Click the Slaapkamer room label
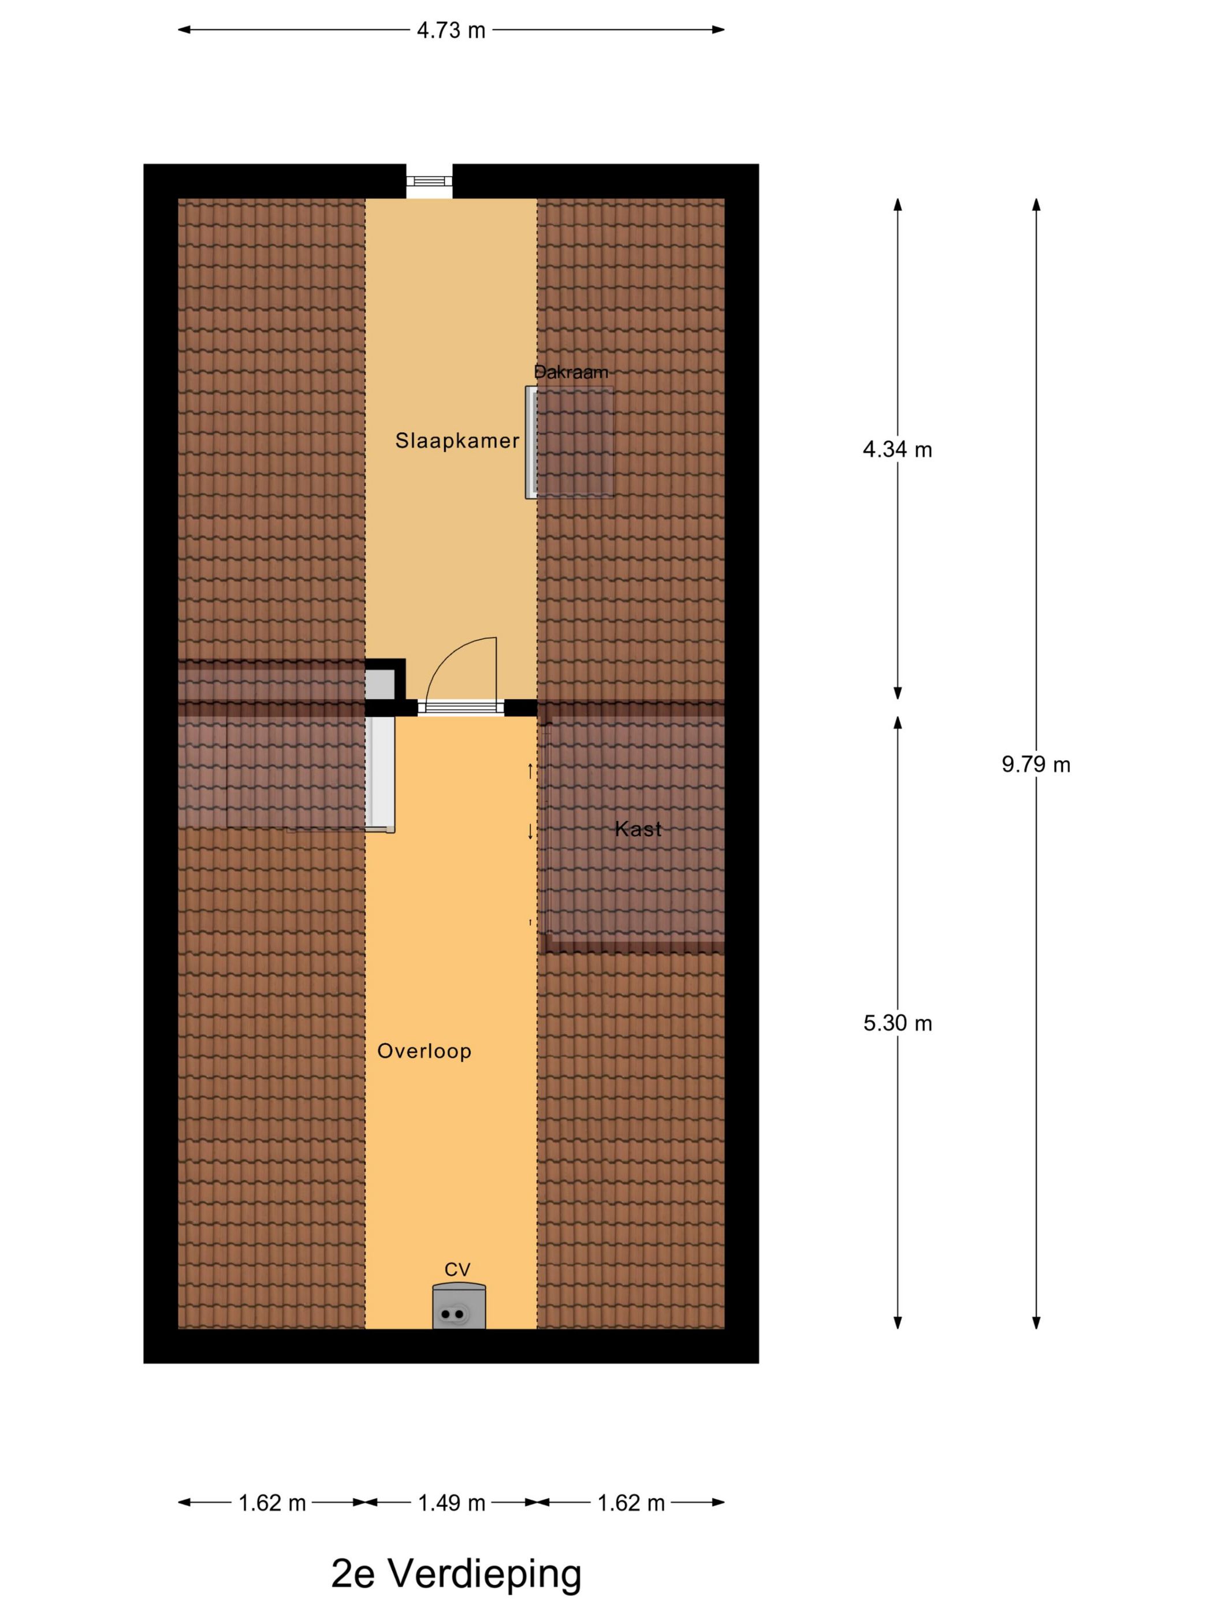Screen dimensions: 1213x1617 point(457,440)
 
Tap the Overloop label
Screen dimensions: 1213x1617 point(424,1051)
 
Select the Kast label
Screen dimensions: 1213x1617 point(638,828)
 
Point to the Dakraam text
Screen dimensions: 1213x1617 point(571,372)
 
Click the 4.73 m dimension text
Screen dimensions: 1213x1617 point(451,30)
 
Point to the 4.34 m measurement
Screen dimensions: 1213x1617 point(897,449)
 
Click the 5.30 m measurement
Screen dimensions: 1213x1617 point(897,1023)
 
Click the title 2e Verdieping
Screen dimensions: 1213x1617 point(456,1574)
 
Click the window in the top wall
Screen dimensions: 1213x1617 point(429,181)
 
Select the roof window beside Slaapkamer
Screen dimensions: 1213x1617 point(570,442)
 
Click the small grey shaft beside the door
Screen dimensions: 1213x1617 point(379,684)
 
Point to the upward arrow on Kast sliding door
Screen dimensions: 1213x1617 point(531,770)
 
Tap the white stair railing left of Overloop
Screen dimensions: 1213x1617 point(380,773)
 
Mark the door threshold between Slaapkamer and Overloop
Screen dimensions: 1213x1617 point(460,707)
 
